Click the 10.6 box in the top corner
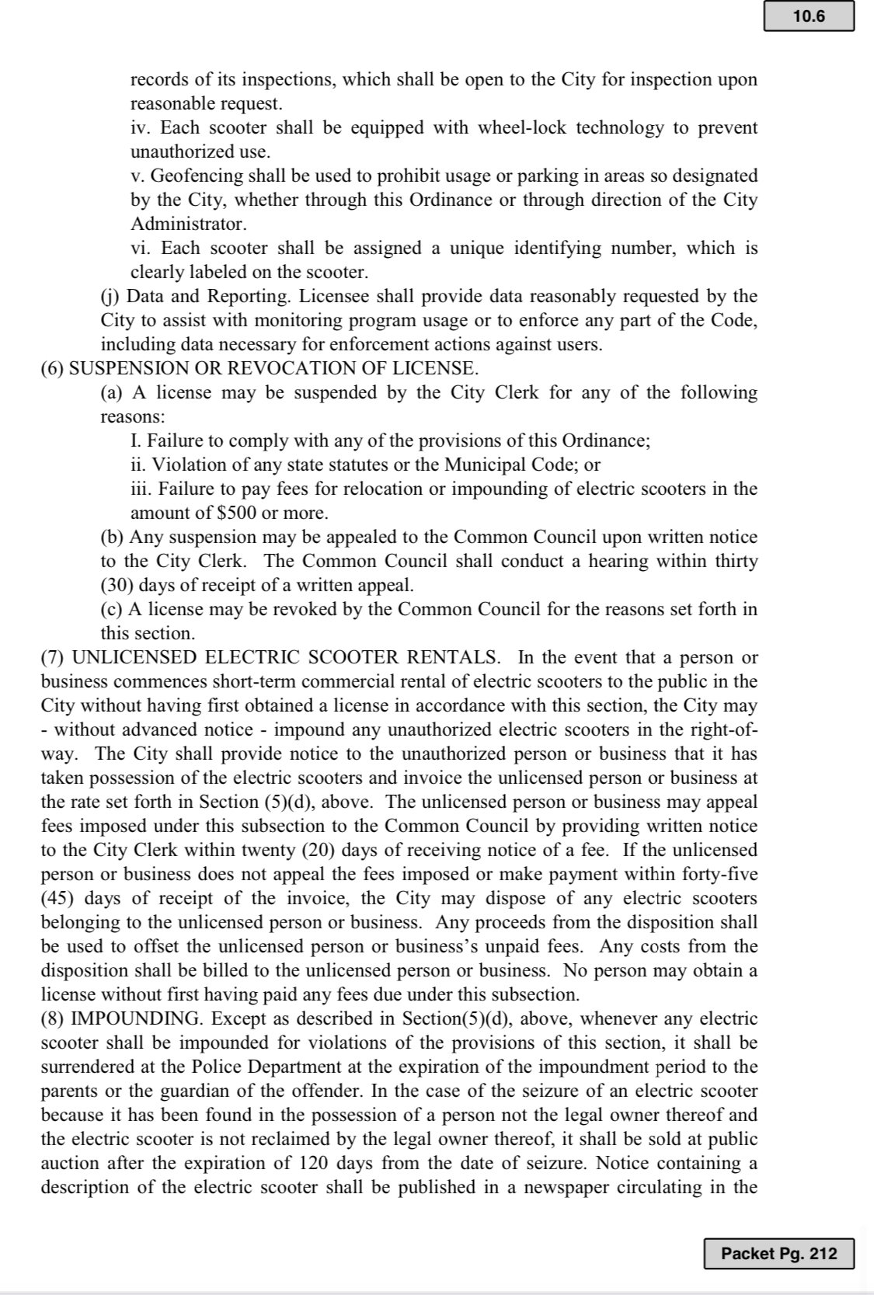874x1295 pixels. [x=809, y=17]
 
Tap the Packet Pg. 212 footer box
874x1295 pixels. [x=778, y=1254]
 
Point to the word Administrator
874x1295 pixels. [x=188, y=224]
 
